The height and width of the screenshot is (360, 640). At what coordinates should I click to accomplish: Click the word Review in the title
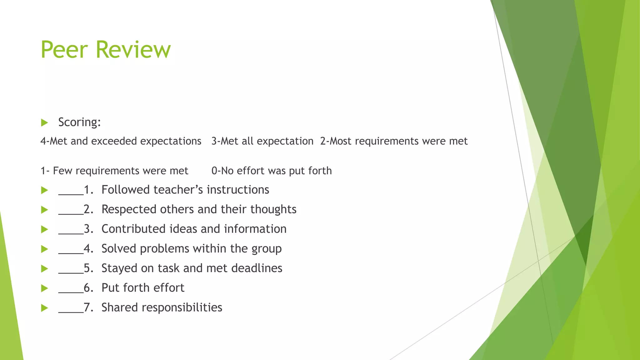point(133,50)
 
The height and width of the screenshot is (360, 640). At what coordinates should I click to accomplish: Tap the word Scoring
point(79,122)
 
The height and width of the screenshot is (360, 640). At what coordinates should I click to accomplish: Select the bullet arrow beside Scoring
point(44,122)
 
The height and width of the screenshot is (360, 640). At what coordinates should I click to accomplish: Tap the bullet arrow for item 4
point(44,249)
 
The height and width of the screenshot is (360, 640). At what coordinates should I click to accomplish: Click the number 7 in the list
point(87,307)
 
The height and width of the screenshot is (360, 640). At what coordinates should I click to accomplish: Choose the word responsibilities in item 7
point(182,308)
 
